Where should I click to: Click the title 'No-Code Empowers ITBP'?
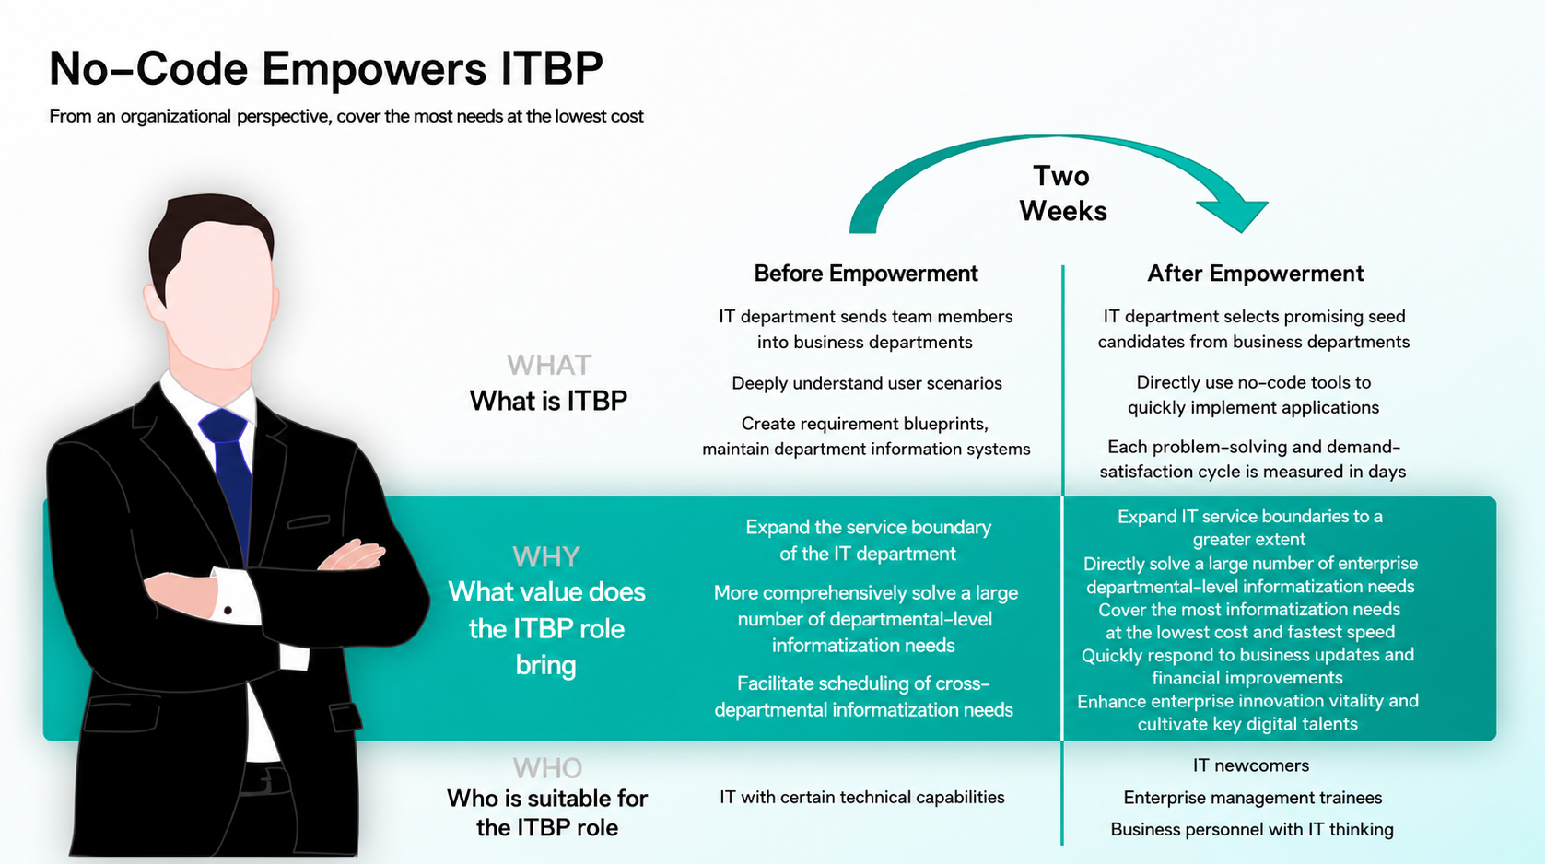click(x=325, y=68)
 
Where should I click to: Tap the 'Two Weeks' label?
click(x=1063, y=193)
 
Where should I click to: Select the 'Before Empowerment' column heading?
click(x=866, y=274)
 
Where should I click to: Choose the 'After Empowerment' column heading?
click(x=1256, y=274)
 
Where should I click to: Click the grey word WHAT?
click(x=549, y=365)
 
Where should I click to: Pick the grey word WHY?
click(x=546, y=556)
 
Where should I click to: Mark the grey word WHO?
click(x=547, y=767)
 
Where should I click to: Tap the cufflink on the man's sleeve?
click(x=228, y=611)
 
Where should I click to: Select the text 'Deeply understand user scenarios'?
click(x=866, y=383)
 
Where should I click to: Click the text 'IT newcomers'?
click(x=1250, y=765)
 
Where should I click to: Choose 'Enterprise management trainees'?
click(x=1253, y=798)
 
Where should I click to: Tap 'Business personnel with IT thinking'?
click(x=1252, y=830)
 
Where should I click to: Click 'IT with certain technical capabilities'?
click(x=862, y=797)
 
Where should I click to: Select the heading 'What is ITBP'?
click(x=548, y=401)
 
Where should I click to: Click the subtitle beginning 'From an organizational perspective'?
click(x=346, y=116)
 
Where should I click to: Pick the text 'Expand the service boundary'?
click(x=869, y=528)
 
